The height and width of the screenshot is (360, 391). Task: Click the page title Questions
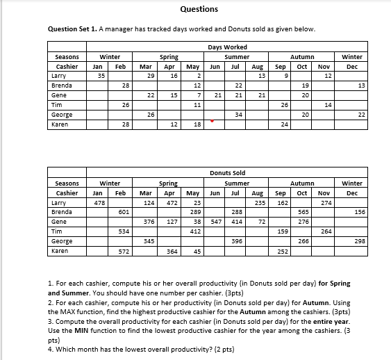tap(199, 9)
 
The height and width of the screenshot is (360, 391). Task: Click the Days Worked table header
tap(227, 47)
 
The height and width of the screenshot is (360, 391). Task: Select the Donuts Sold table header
tap(227, 172)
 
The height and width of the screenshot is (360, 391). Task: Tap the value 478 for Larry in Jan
tap(100, 203)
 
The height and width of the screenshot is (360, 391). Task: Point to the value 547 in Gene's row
tap(215, 221)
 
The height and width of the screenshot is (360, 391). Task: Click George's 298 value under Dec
tap(360, 240)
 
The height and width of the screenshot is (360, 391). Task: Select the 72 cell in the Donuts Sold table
tap(262, 221)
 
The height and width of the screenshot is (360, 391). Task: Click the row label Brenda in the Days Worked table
tap(62, 86)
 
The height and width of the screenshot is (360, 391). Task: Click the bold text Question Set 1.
tap(72, 29)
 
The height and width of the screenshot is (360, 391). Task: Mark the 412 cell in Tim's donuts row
tap(195, 231)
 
